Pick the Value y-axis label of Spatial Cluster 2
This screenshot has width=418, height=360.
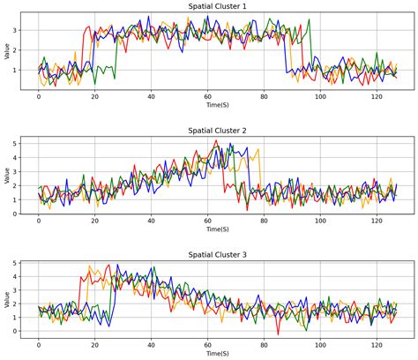tap(8, 176)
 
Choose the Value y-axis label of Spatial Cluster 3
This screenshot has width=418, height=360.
tap(8, 299)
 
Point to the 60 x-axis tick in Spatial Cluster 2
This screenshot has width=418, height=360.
tap(208, 220)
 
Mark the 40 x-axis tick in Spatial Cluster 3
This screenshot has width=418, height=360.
tap(152, 343)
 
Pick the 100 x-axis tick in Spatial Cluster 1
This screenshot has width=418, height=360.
tap(320, 96)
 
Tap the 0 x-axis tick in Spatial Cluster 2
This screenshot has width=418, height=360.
tap(39, 220)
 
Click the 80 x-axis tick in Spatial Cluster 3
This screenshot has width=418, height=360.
tap(265, 343)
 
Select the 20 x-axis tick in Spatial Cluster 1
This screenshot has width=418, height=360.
tap(95, 96)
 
